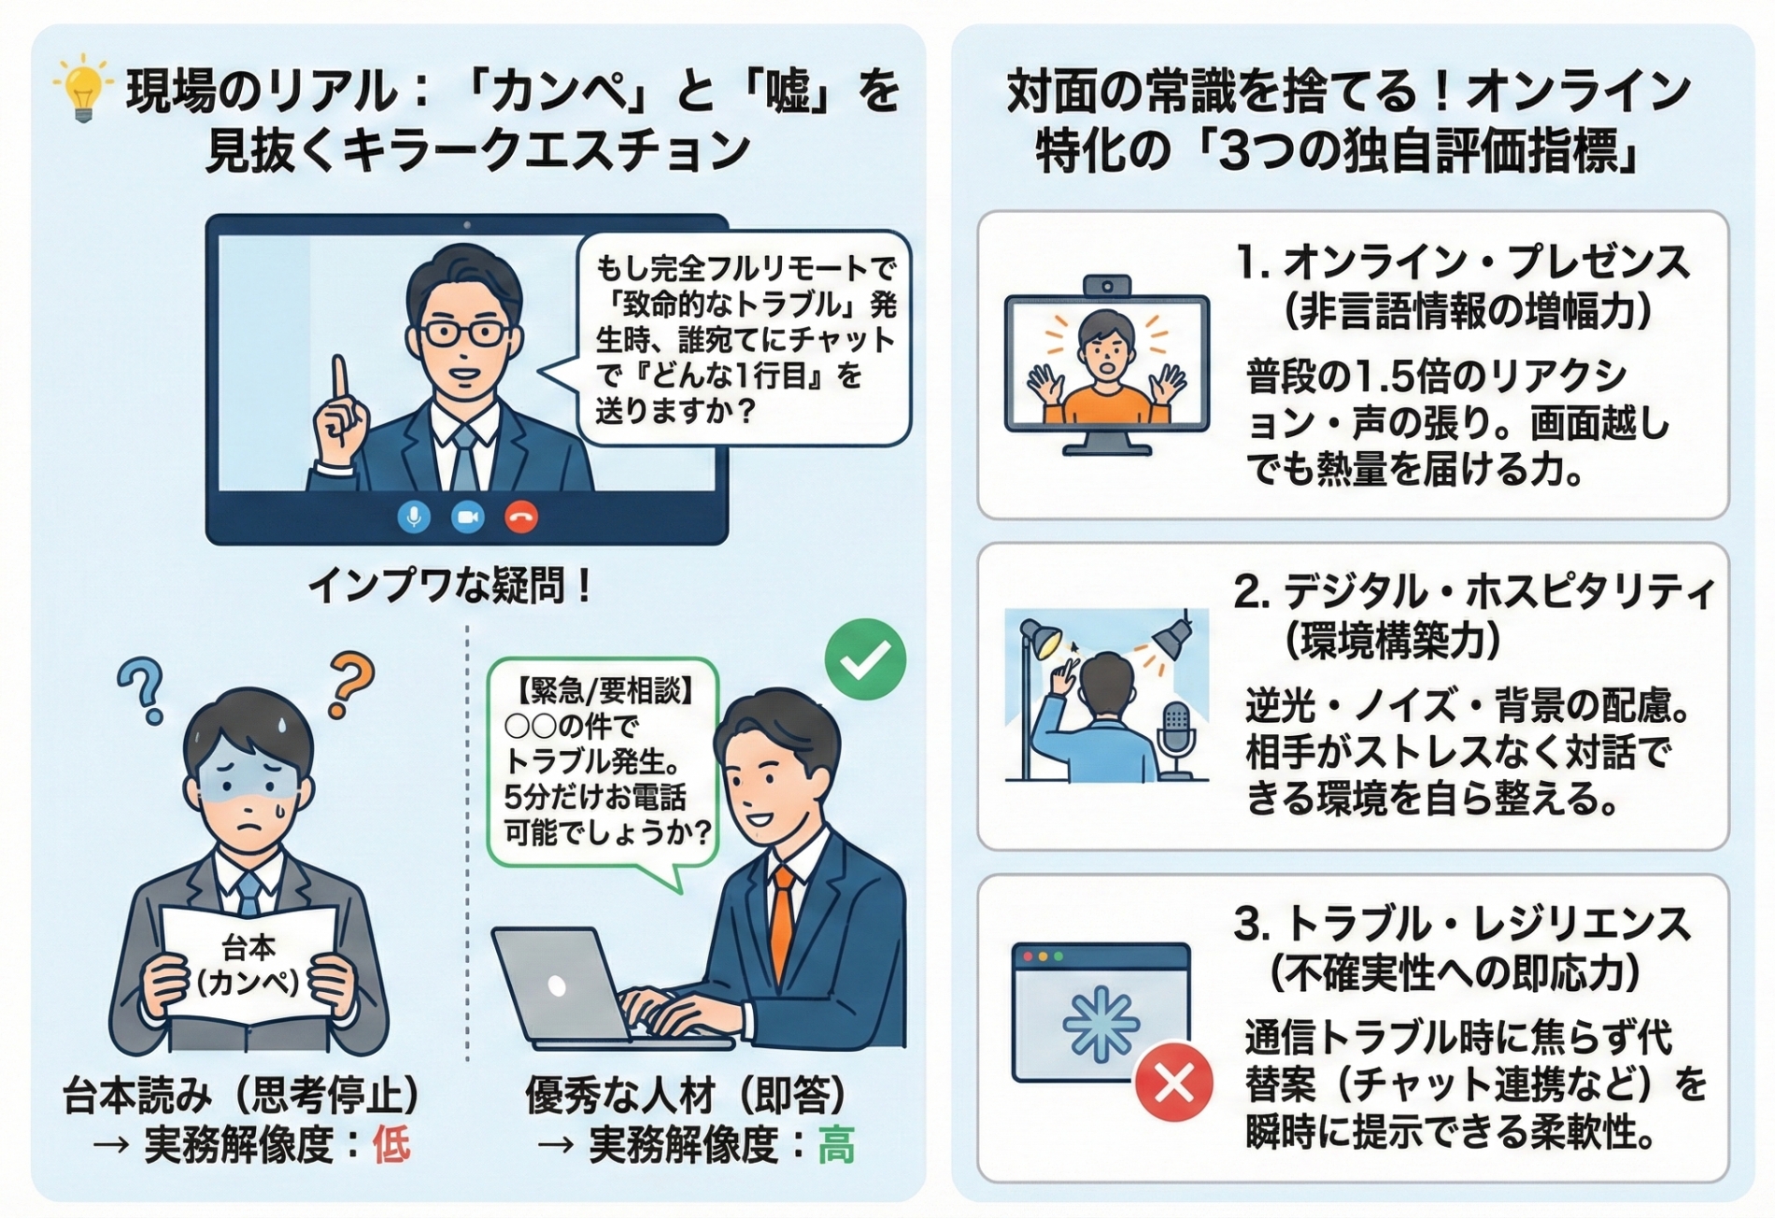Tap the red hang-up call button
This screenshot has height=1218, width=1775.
pyautogui.click(x=521, y=517)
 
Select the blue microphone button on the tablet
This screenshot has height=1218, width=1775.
pyautogui.click(x=414, y=517)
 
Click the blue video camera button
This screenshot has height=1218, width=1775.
pyautogui.click(x=467, y=517)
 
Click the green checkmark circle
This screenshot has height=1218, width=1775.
pyautogui.click(x=865, y=659)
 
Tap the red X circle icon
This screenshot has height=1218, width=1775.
pyautogui.click(x=1173, y=1083)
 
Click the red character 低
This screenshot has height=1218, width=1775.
pyautogui.click(x=390, y=1145)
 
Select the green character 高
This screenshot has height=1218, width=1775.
pyautogui.click(x=835, y=1145)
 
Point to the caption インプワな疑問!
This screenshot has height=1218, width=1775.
pyautogui.click(x=449, y=587)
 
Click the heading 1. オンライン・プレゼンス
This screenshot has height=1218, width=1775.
pyautogui.click(x=1462, y=262)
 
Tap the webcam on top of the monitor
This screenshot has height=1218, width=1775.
pyautogui.click(x=1106, y=285)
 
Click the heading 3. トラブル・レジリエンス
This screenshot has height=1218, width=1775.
pyautogui.click(x=1462, y=925)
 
